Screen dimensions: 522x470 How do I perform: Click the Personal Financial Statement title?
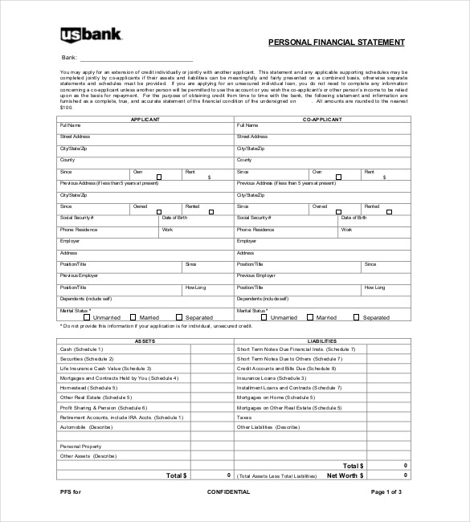(336, 43)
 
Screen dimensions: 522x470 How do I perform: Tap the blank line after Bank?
(137, 58)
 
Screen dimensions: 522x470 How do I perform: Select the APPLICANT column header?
(145, 119)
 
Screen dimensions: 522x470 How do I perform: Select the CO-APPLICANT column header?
(322, 119)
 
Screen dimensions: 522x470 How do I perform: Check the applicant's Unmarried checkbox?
(88, 317)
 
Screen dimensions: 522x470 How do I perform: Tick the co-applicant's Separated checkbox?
(356, 317)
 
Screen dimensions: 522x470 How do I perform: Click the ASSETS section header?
(145, 341)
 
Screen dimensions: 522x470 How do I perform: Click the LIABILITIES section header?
(322, 341)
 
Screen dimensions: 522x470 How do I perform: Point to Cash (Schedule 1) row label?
(81, 349)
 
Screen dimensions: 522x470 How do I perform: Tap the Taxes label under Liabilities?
(244, 417)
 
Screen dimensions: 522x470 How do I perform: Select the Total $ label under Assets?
(176, 475)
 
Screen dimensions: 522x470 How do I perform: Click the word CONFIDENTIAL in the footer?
(228, 491)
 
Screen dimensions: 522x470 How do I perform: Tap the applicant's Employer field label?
(70, 241)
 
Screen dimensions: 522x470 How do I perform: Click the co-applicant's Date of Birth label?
(354, 218)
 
